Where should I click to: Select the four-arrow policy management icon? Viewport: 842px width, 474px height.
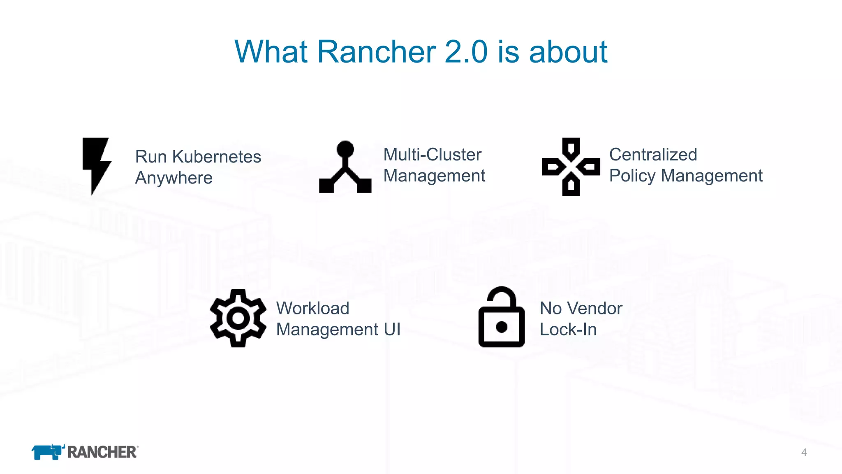click(x=571, y=167)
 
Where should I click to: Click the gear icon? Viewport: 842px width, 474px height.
click(x=238, y=318)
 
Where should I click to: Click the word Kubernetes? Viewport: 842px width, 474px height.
click(x=216, y=157)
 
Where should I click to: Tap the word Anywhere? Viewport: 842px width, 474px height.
click(x=174, y=178)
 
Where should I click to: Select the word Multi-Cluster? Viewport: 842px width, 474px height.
click(x=432, y=155)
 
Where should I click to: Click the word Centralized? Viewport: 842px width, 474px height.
click(x=653, y=155)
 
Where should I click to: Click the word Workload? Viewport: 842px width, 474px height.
click(x=312, y=308)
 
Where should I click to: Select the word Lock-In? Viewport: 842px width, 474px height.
click(x=568, y=329)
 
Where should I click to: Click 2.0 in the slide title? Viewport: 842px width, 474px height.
click(x=466, y=52)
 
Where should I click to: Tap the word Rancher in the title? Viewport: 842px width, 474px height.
click(x=376, y=52)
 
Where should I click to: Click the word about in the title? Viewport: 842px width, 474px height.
click(x=568, y=52)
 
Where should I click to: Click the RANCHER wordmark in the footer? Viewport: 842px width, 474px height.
click(x=102, y=452)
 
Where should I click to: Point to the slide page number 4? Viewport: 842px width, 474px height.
click(x=804, y=453)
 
